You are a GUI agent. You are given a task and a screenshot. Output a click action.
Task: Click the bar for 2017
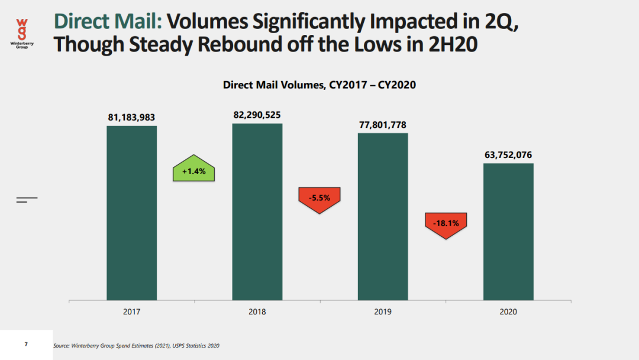pos(131,213)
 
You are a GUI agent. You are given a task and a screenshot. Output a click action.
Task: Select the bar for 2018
pos(257,211)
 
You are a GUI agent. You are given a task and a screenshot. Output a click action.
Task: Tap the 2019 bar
pos(383,216)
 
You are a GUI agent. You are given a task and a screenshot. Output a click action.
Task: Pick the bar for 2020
pos(508,232)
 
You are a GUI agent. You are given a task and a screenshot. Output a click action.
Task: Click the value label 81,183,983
pos(131,118)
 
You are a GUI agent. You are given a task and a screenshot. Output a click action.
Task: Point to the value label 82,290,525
pos(257,115)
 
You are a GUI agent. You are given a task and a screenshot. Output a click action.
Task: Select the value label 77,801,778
pos(382,125)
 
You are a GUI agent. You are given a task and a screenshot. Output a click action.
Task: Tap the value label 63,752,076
pos(508,155)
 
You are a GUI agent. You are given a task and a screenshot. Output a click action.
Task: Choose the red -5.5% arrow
pos(319,198)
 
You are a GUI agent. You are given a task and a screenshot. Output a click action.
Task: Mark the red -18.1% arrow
pos(446,224)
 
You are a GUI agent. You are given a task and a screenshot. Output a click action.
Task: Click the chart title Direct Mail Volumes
pos(319,85)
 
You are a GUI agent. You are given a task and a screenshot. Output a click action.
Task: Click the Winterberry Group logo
pos(22,33)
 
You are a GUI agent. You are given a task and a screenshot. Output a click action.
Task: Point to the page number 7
pos(26,345)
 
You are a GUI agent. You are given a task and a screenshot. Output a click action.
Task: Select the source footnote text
pos(136,345)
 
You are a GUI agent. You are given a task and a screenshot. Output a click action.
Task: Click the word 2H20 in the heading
pos(450,44)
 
